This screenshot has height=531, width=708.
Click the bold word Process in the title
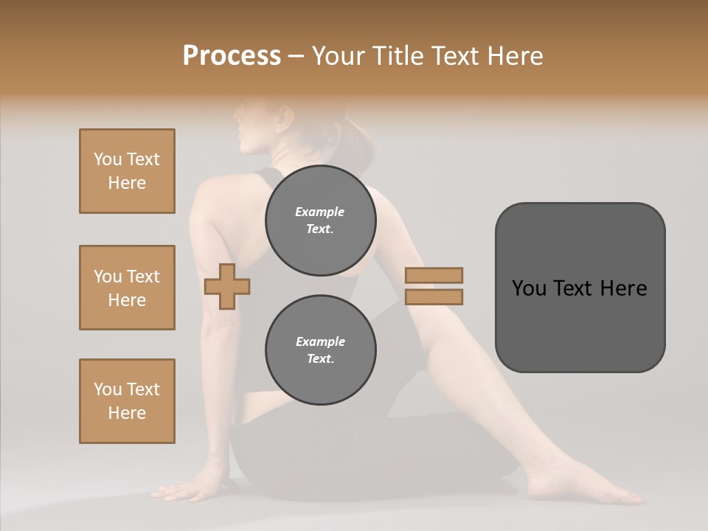(x=232, y=56)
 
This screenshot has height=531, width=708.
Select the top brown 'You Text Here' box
(x=127, y=171)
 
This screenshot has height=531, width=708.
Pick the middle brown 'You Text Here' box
(x=127, y=288)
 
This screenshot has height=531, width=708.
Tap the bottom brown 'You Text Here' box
(x=127, y=401)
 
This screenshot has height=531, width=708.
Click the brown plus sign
(x=227, y=286)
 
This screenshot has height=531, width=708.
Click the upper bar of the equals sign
(x=434, y=275)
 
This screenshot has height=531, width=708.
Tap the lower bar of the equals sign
(x=434, y=297)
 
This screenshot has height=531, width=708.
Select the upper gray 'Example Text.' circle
(x=320, y=221)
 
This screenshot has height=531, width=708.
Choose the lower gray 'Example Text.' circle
(x=320, y=350)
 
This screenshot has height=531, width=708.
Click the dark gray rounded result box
(x=580, y=287)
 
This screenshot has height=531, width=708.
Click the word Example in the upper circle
(x=320, y=212)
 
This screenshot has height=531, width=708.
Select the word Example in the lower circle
(x=320, y=341)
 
